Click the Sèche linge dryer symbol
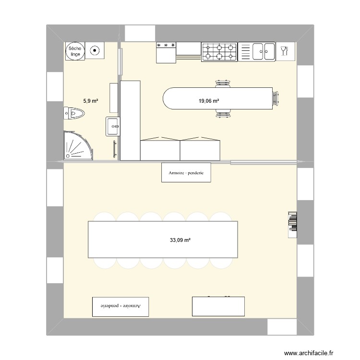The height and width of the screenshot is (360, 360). tap(75, 51)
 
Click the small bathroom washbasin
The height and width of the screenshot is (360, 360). tap(113, 127)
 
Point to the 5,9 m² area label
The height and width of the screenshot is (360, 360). tap(90, 101)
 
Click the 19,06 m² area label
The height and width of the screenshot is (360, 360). tap(209, 101)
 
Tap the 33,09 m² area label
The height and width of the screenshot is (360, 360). tap(180, 240)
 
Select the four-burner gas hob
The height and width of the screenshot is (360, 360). tap(219, 52)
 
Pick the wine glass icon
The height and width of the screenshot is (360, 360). tap(284, 50)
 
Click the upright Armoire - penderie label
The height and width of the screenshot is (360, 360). tap(186, 173)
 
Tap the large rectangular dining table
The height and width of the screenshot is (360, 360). tap(163, 239)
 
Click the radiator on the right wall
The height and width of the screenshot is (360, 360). tap(291, 224)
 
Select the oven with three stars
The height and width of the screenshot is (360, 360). tap(166, 52)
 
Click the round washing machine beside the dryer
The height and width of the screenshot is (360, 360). tap(95, 50)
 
